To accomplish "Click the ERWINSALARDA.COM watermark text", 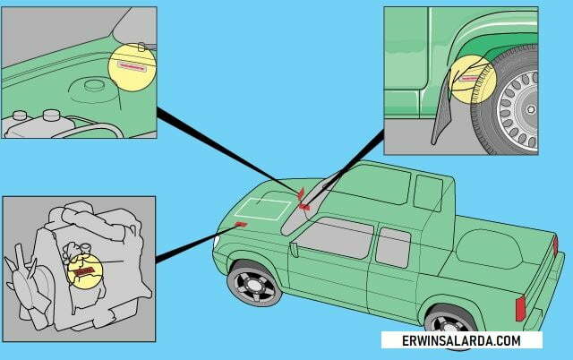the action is pyautogui.click(x=461, y=340).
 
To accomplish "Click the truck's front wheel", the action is pyautogui.click(x=254, y=284).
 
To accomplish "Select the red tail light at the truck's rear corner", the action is pyautogui.click(x=520, y=308).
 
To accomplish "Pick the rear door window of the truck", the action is pyautogui.click(x=393, y=247).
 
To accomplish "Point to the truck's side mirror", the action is pyautogui.click(x=294, y=250).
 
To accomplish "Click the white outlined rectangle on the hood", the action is pyautogui.click(x=262, y=210).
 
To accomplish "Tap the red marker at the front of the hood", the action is pyautogui.click(x=241, y=224).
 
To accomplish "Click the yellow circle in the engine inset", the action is pyautogui.click(x=85, y=271).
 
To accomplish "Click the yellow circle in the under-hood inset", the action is pyautogui.click(x=132, y=67).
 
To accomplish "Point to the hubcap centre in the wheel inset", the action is pyautogui.click(x=530, y=109).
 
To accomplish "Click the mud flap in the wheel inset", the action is pyautogui.click(x=441, y=114).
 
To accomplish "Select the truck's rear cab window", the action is pyautogui.click(x=428, y=193).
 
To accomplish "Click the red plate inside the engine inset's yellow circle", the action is pyautogui.click(x=84, y=271).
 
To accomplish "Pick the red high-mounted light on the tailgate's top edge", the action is pyautogui.click(x=555, y=246).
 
